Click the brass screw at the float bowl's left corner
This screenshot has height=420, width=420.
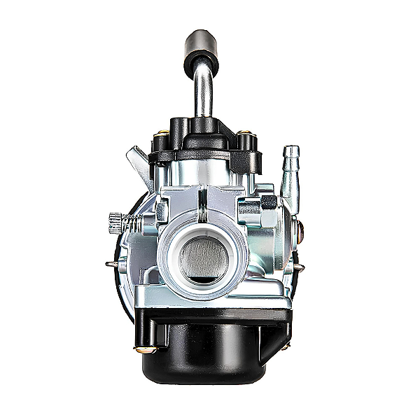pos(144,349)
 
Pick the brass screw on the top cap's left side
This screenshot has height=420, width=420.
pos(162,133)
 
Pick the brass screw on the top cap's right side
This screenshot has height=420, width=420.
pos(244,133)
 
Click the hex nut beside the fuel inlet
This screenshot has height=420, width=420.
pos(267,204)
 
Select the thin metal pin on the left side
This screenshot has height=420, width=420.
pos(112,265)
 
